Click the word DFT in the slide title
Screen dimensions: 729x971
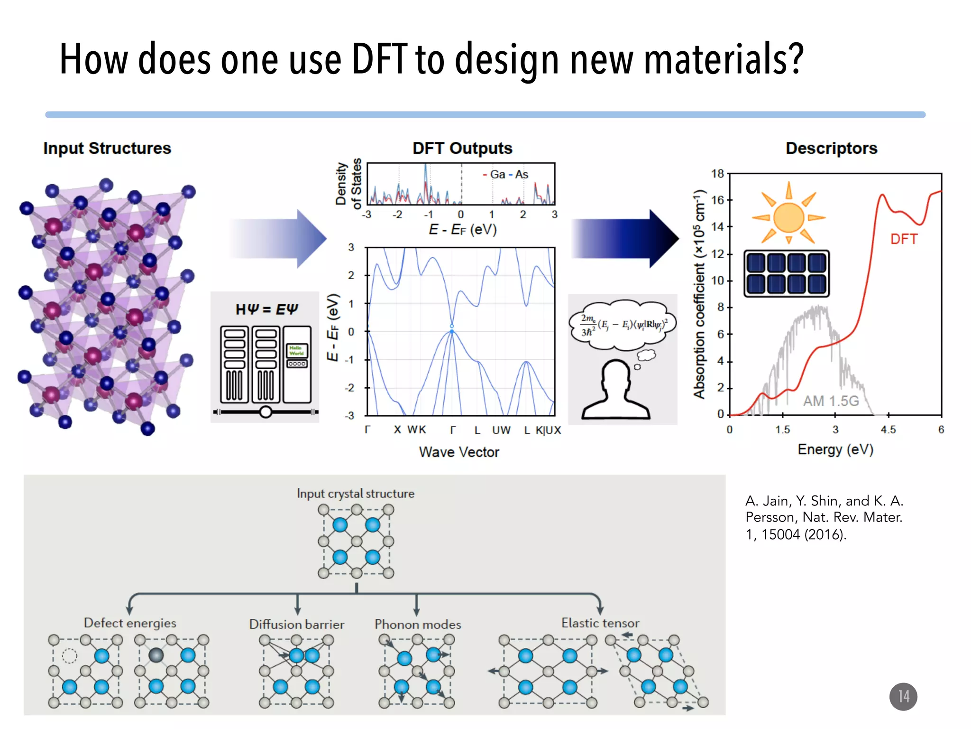click(379, 59)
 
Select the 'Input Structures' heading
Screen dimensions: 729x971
click(107, 148)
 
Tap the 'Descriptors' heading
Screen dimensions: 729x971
click(831, 148)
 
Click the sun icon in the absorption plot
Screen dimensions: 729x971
click(788, 217)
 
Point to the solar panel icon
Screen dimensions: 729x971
click(786, 273)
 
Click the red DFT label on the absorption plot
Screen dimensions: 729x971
click(904, 239)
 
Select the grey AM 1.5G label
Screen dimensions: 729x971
click(831, 401)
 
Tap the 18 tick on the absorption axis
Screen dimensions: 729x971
click(717, 174)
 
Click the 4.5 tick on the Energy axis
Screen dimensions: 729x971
click(888, 430)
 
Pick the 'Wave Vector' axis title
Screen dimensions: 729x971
click(459, 452)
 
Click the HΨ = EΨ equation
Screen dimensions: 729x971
click(266, 309)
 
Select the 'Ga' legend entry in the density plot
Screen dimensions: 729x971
click(497, 175)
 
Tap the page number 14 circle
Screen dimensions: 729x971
click(903, 696)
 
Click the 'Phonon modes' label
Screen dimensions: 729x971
click(418, 624)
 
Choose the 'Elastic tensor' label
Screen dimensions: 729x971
click(600, 623)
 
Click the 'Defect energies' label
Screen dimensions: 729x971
click(130, 623)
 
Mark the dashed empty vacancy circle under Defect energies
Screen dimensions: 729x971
click(70, 656)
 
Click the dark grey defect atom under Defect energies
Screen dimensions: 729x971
click(156, 655)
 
